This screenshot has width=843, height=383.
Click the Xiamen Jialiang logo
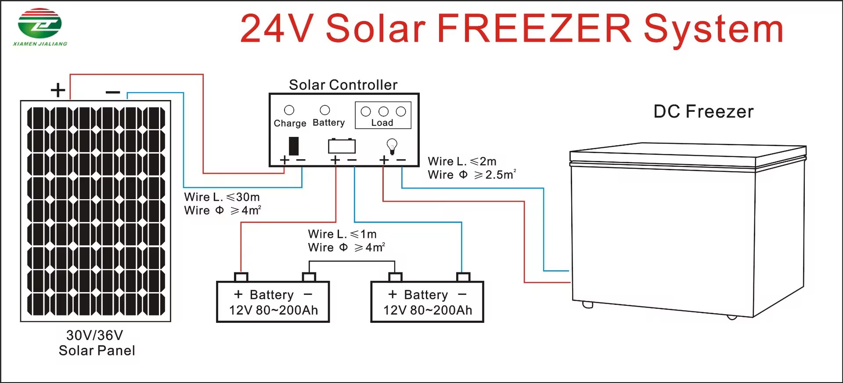(40, 27)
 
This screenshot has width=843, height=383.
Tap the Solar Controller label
(343, 85)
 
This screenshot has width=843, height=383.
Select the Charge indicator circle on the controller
(289, 110)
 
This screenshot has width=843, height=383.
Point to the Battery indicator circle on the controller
(325, 110)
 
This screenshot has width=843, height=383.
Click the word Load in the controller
(382, 123)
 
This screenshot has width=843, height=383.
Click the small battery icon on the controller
(342, 145)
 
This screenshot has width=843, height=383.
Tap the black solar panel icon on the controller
(294, 146)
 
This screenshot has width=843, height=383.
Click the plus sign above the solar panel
(58, 90)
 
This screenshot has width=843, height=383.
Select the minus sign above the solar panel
(113, 92)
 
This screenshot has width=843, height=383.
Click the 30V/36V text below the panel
(94, 335)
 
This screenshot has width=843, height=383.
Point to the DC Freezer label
(703, 111)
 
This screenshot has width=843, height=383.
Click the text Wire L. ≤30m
(222, 197)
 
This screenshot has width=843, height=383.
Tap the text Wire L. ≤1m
(342, 234)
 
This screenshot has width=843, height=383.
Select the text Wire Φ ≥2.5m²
(472, 175)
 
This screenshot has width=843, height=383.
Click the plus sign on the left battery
(238, 294)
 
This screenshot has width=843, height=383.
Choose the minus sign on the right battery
(462, 294)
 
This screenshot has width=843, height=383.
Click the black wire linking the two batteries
(352, 261)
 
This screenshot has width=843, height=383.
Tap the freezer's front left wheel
(587, 304)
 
